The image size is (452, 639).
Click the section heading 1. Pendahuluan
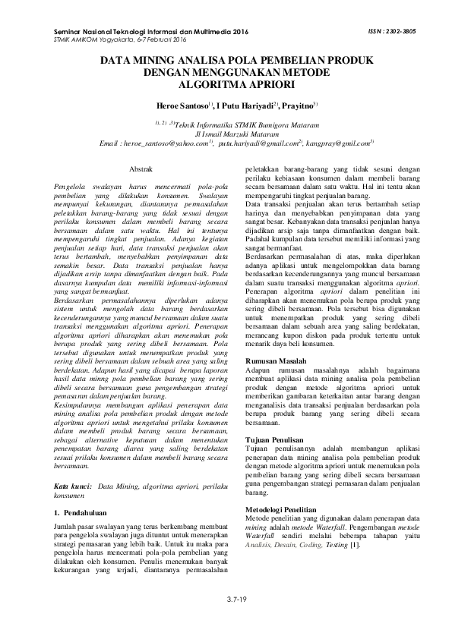85,514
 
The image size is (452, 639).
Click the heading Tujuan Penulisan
280,440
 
